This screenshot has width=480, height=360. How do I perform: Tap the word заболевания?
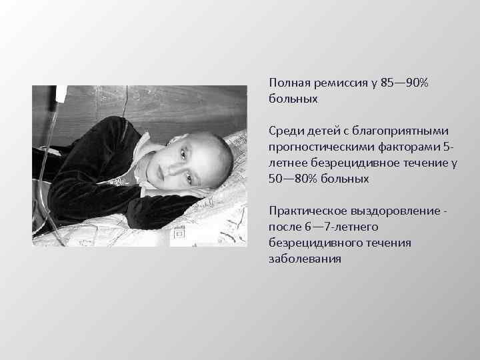tap(305, 259)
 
